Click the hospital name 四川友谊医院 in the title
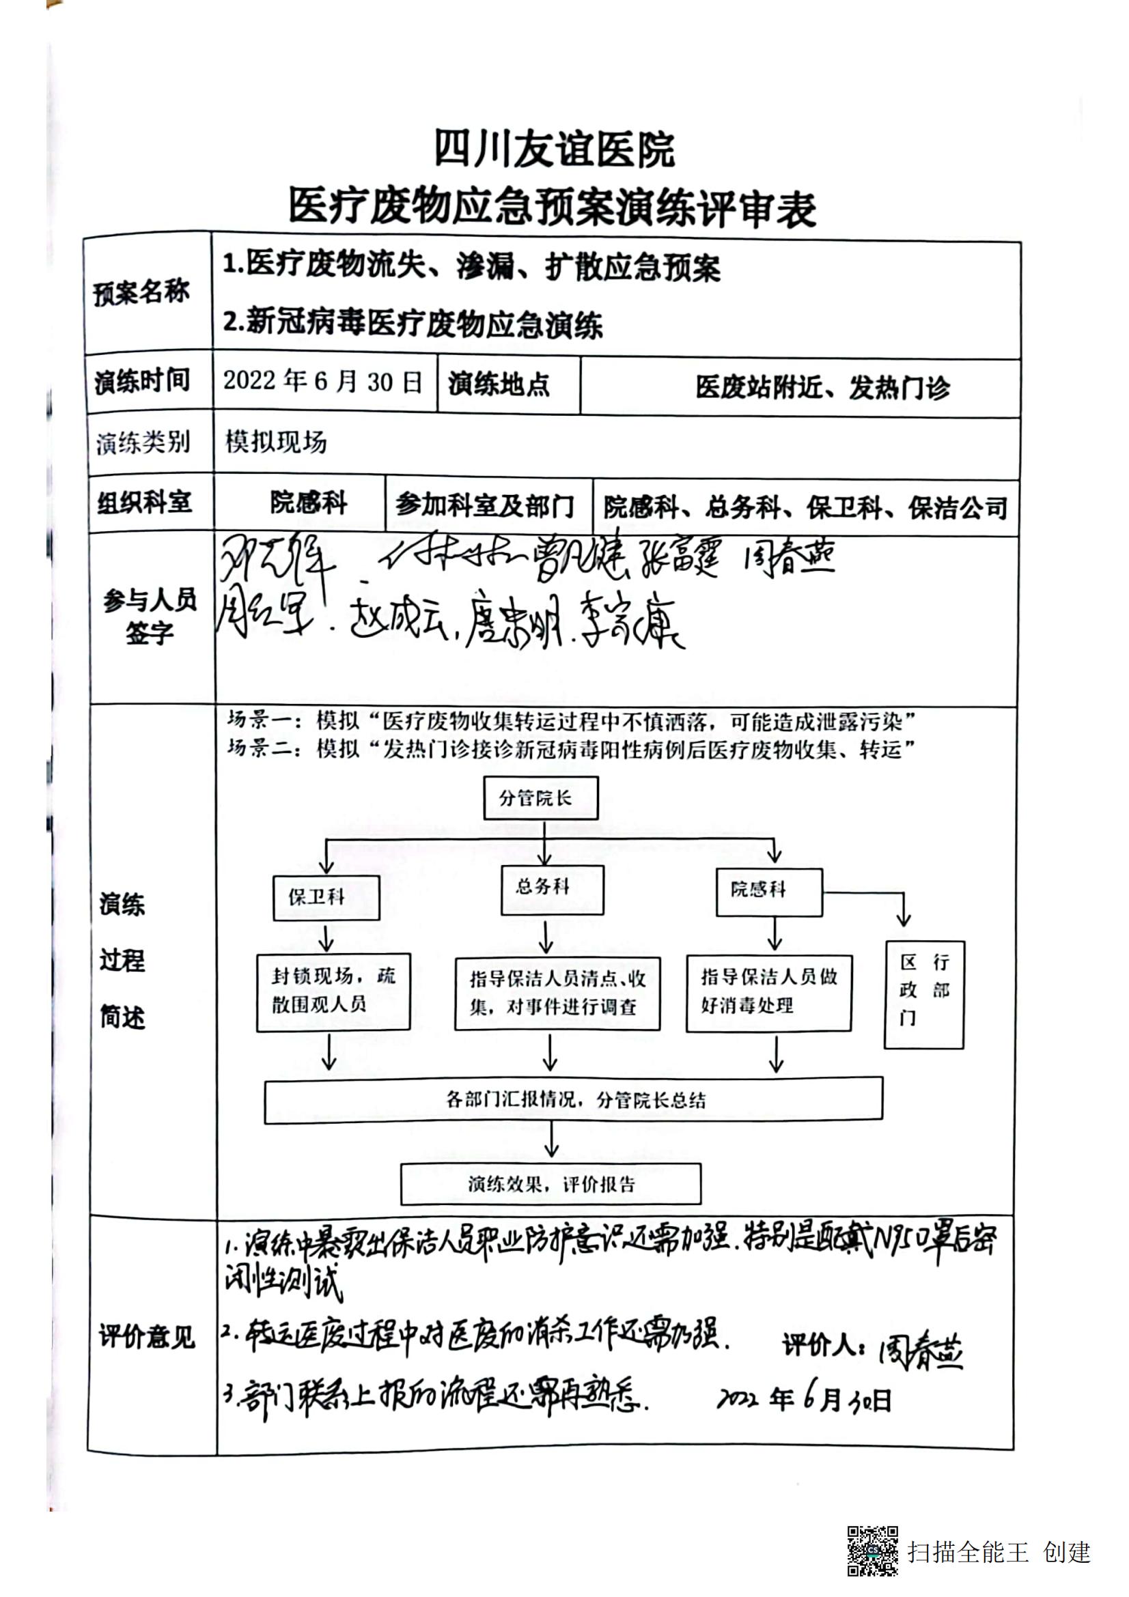[555, 148]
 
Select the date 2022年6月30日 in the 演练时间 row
[323, 382]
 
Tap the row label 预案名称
[141, 293]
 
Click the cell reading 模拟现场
[275, 442]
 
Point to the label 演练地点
[499, 384]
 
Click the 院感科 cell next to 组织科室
[308, 503]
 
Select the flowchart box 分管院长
[540, 797]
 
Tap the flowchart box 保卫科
[326, 897]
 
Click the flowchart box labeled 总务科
[552, 888]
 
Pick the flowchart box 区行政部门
[924, 994]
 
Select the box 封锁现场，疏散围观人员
[333, 992]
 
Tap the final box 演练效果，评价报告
[550, 1184]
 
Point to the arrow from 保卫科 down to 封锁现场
[326, 937]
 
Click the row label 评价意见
[146, 1337]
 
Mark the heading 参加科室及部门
[486, 505]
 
